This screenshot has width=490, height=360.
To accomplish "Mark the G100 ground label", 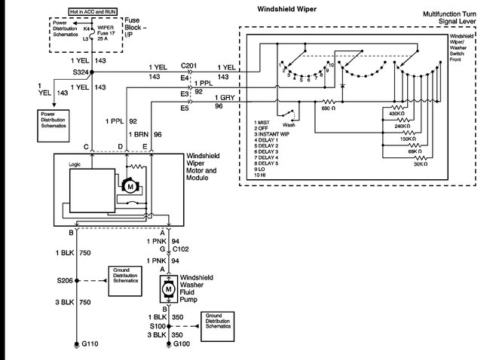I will pos(181,345).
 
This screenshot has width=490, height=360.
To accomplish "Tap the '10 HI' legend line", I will pos(264,176).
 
